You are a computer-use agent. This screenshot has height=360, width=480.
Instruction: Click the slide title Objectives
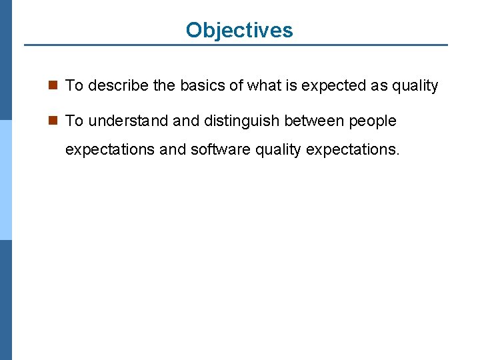pyautogui.click(x=239, y=30)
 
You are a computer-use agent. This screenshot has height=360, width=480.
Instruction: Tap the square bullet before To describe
pyautogui.click(x=54, y=85)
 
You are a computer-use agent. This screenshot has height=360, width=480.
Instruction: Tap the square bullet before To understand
pyautogui.click(x=54, y=121)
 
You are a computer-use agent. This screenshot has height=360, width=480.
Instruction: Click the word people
pyautogui.click(x=373, y=121)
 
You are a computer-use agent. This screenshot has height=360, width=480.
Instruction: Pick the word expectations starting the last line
pyautogui.click(x=111, y=149)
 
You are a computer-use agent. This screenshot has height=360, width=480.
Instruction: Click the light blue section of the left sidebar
pyautogui.click(x=6, y=180)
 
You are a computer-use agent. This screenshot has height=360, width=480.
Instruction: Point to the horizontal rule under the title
pyautogui.click(x=236, y=45)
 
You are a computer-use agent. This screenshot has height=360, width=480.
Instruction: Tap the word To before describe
pyautogui.click(x=74, y=85)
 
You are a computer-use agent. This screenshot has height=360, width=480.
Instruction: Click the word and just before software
pyautogui.click(x=173, y=149)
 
